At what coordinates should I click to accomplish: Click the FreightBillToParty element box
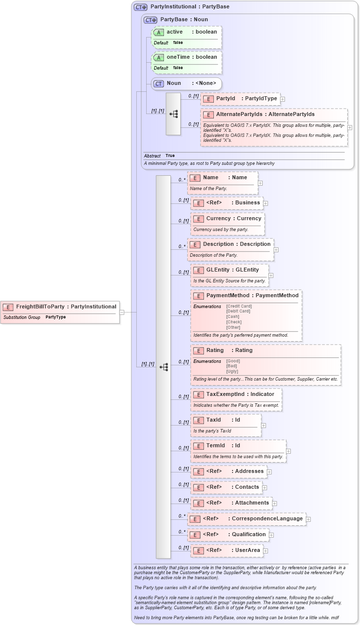(60, 307)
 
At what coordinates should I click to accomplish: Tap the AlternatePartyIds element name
(265, 115)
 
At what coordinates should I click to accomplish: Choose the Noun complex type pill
(186, 83)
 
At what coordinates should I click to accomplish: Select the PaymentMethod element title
(252, 296)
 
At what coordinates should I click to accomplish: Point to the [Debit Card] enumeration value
(238, 311)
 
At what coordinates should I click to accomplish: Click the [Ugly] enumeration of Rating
(233, 371)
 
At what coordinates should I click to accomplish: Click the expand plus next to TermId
(288, 451)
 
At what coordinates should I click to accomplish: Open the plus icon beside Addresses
(269, 472)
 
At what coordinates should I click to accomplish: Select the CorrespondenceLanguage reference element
(246, 519)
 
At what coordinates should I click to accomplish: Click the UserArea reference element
(227, 550)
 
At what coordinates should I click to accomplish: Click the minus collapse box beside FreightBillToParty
(122, 312)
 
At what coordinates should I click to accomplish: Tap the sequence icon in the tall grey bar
(163, 367)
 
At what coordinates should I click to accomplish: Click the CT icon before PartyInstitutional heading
(141, 7)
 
